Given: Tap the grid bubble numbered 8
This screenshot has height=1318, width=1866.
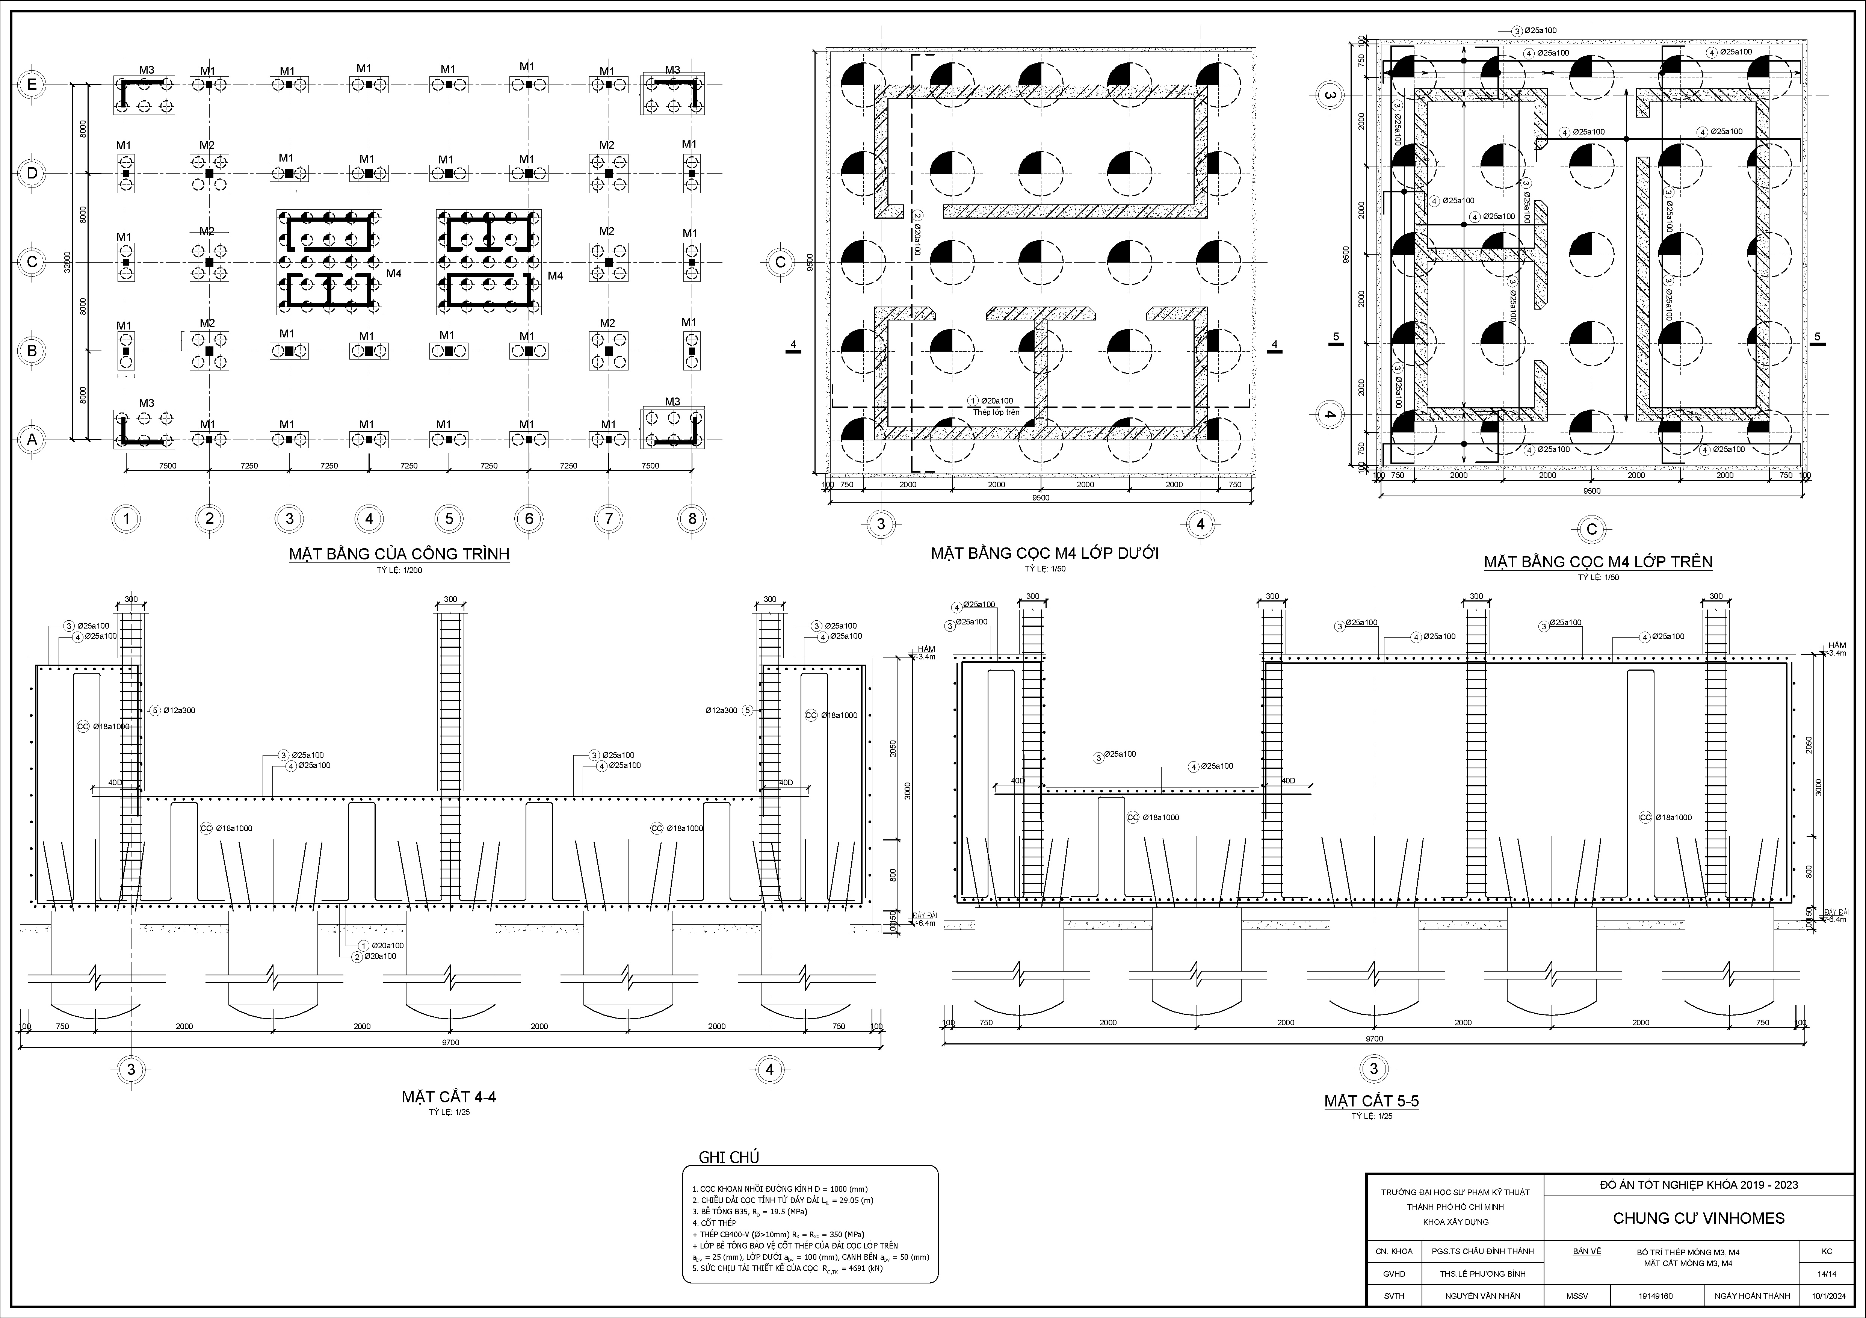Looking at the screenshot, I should click(692, 518).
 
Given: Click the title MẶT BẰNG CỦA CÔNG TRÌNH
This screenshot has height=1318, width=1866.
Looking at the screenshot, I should click(399, 554).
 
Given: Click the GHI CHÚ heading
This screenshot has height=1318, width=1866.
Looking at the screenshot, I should click(729, 1157).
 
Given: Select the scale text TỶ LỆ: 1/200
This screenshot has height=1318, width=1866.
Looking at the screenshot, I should click(399, 570).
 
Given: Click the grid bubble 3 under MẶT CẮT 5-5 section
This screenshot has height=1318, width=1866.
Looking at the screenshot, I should click(1373, 1069).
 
